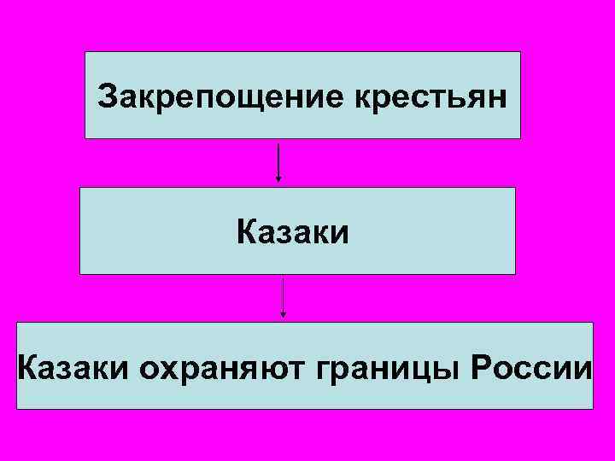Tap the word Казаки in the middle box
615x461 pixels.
pyautogui.click(x=294, y=232)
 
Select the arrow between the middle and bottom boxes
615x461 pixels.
pyautogui.click(x=284, y=297)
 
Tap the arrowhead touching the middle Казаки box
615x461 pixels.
pyautogui.click(x=278, y=180)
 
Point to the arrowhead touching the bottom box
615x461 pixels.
pyautogui.click(x=284, y=316)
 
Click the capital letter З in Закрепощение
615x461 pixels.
pyautogui.click(x=108, y=96)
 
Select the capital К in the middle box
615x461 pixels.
pyautogui.click(x=247, y=231)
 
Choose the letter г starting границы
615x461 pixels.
pyautogui.click(x=323, y=369)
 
